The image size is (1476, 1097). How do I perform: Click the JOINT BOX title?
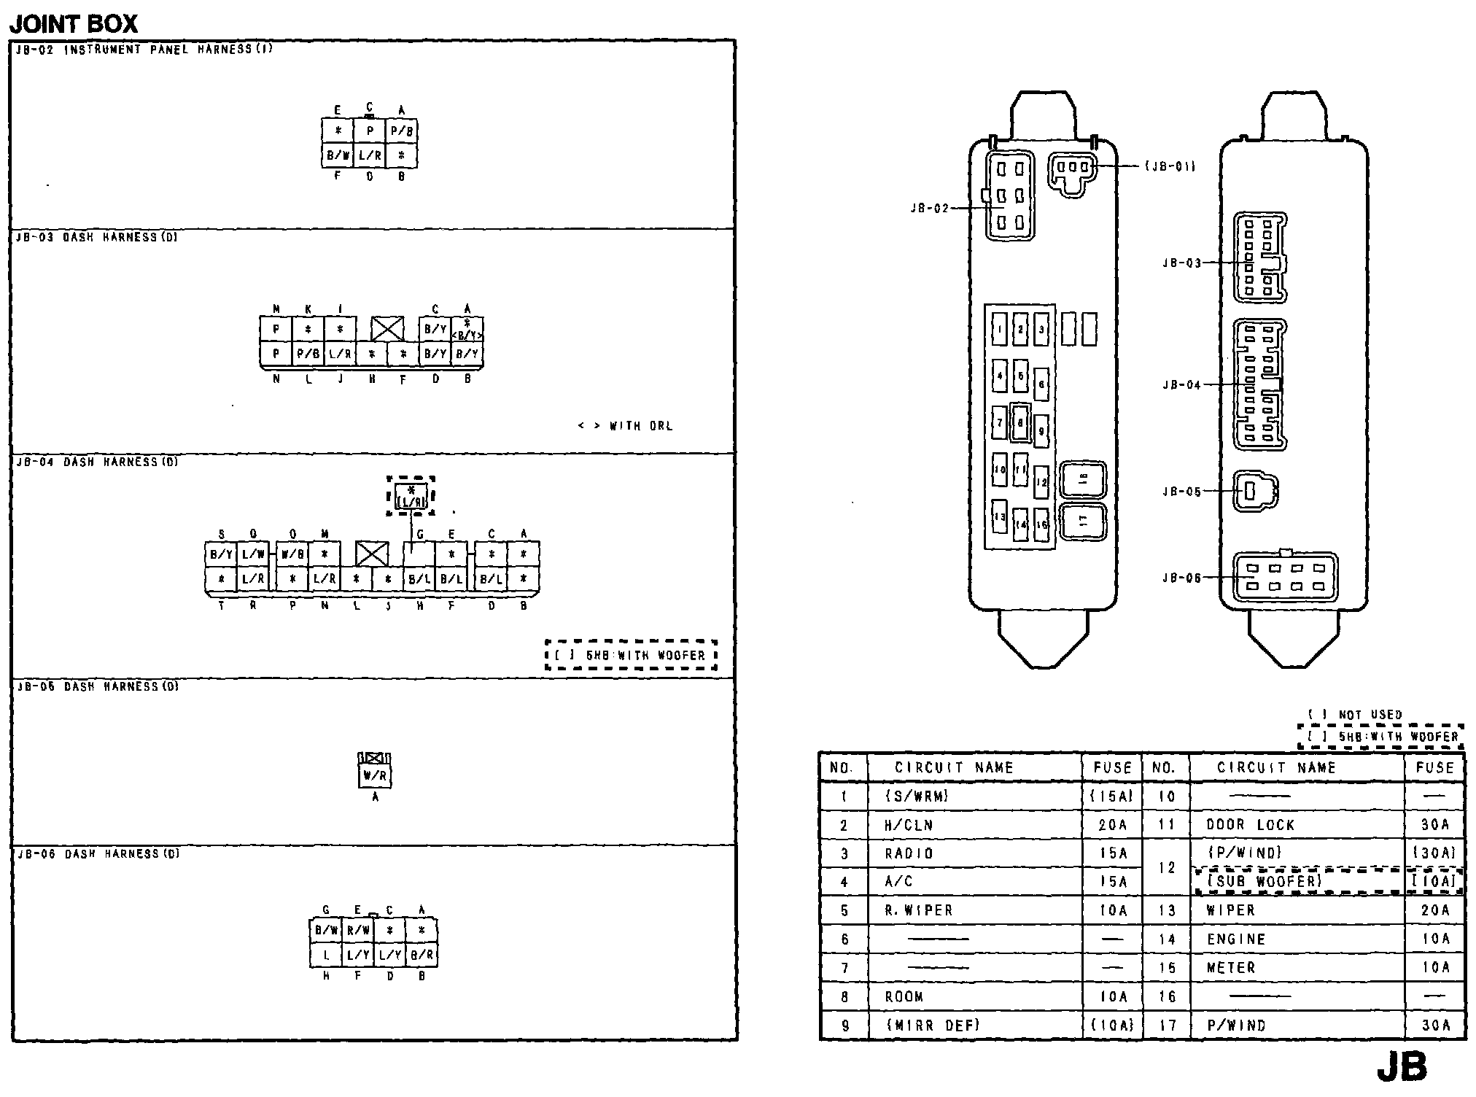73,23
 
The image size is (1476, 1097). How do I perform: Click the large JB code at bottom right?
1402,1067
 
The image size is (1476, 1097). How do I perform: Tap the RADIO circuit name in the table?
909,853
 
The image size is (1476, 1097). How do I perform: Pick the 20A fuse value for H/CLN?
1113,825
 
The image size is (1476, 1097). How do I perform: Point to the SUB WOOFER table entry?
1265,882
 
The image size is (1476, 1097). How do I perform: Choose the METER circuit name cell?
1231,968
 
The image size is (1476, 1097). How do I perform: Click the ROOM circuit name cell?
904,996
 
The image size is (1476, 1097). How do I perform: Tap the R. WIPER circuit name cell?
919,910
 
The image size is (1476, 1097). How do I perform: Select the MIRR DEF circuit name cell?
933,1025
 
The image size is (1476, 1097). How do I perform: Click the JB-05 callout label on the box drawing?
1181,492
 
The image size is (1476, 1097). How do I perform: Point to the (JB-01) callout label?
1170,166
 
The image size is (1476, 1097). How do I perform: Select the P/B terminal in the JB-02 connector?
402,131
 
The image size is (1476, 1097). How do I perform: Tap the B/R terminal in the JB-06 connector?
422,954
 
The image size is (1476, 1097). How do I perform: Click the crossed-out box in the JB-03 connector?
387,329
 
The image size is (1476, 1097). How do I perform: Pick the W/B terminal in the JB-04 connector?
292,554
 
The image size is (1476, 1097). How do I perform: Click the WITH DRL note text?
626,426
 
